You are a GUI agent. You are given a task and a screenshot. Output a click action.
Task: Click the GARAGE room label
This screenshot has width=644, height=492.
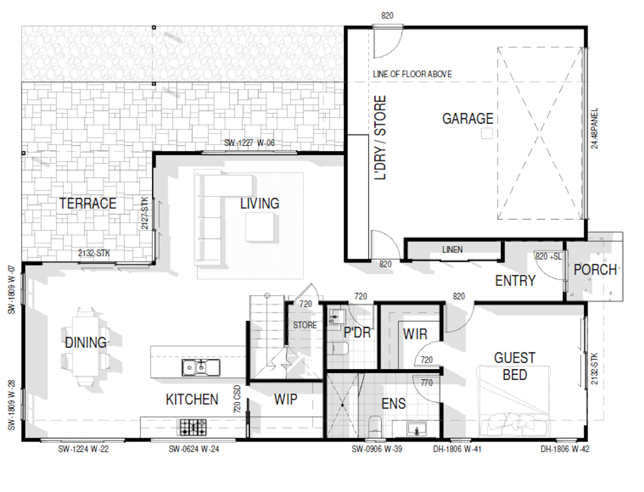pos(467,119)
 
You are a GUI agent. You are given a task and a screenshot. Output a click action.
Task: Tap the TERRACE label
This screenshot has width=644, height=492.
pos(88,203)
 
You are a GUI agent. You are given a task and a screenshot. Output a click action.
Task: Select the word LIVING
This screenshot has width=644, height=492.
pos(259,204)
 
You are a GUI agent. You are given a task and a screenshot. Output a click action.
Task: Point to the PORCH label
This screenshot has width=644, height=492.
pos(595,270)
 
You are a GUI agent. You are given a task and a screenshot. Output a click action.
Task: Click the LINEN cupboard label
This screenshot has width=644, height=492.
pos(453,250)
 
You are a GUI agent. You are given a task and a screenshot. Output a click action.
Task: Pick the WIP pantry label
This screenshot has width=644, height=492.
pos(286,399)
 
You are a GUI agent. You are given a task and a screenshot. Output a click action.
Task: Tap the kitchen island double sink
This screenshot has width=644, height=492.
pos(201,367)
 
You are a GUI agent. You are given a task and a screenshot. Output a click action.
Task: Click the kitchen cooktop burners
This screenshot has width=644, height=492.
pos(193,427)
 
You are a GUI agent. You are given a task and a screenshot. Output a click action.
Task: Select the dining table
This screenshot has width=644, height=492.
pos(86,346)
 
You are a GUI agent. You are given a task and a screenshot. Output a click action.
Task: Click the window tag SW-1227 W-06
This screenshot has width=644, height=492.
pos(249,143)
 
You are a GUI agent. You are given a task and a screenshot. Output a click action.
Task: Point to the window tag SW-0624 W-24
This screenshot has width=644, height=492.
pos(194,449)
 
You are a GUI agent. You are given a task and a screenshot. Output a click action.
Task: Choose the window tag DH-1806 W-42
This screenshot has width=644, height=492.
pos(565,449)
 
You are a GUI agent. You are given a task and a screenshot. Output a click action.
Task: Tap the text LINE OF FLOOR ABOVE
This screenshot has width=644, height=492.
pos(412,74)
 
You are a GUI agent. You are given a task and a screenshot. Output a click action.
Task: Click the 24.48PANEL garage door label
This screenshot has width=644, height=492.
pos(594,128)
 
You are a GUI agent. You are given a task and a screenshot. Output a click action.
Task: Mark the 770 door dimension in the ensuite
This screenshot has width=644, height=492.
pos(426,383)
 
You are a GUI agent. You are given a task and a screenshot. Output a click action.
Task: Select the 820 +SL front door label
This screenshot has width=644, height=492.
pos(548,257)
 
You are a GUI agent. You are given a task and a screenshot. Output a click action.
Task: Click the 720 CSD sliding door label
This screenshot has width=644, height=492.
pos(237,399)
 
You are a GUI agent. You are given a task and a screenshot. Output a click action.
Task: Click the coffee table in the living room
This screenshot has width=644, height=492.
pos(259,227)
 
